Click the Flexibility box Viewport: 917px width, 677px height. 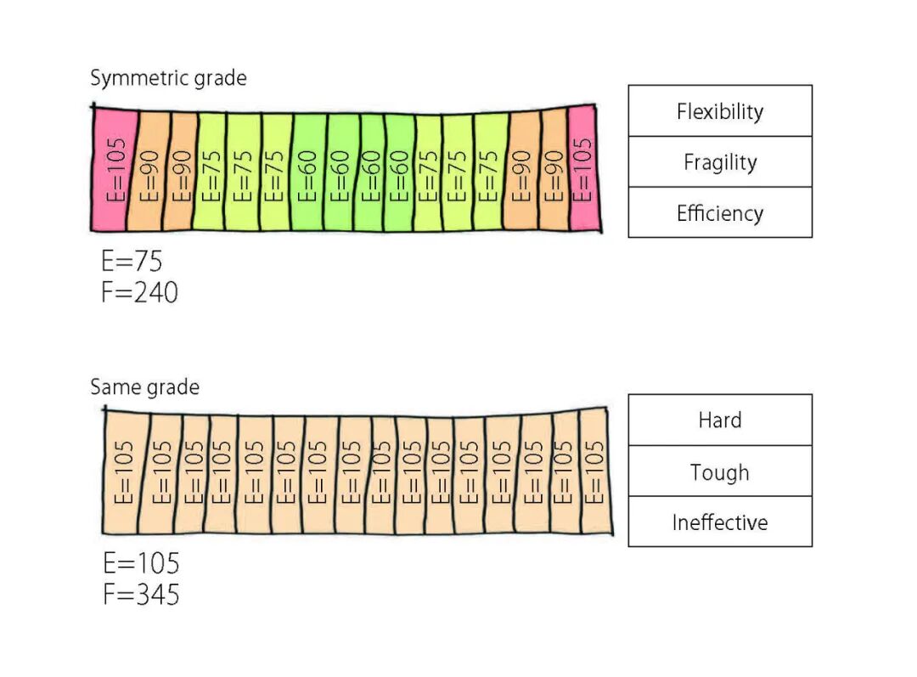[720, 111]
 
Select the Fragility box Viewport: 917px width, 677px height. [720, 162]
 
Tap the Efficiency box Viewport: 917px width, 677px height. [720, 212]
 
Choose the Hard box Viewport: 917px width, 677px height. [720, 420]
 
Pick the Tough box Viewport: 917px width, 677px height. [720, 471]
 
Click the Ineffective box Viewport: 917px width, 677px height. [720, 522]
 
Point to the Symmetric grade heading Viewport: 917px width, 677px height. [168, 79]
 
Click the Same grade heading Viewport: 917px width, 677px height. [144, 388]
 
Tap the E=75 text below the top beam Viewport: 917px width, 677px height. [132, 261]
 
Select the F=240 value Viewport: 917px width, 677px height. [140, 292]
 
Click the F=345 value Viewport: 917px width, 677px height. [141, 594]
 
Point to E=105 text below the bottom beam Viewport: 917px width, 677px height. [141, 563]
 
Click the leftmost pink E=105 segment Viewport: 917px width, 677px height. [110, 170]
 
